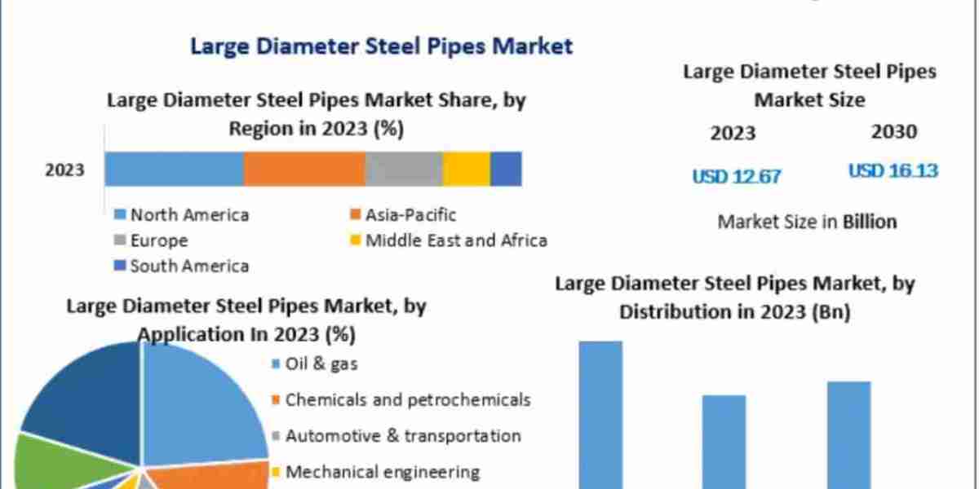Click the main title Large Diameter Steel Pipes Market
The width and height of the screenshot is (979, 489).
pyautogui.click(x=381, y=46)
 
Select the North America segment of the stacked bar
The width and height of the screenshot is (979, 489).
pyautogui.click(x=174, y=170)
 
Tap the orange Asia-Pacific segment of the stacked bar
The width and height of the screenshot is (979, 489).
pyautogui.click(x=303, y=170)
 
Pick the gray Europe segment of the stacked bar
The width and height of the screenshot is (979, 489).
pyautogui.click(x=403, y=170)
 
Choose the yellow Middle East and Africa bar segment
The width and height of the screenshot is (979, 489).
pyautogui.click(x=466, y=170)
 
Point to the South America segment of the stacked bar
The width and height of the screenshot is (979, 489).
pyautogui.click(x=506, y=170)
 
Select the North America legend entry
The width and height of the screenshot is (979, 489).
pyautogui.click(x=189, y=215)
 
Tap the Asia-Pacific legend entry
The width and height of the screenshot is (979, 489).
pyautogui.click(x=410, y=215)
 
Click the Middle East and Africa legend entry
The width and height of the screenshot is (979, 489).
pyautogui.click(x=455, y=240)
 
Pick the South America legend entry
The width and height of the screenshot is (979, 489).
pyautogui.click(x=189, y=266)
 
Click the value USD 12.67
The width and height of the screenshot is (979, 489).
pyautogui.click(x=737, y=176)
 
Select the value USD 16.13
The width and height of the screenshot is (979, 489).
pyautogui.click(x=893, y=171)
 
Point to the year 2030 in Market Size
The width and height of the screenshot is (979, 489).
pyautogui.click(x=893, y=132)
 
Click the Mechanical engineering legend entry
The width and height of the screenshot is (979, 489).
pyautogui.click(x=382, y=471)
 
